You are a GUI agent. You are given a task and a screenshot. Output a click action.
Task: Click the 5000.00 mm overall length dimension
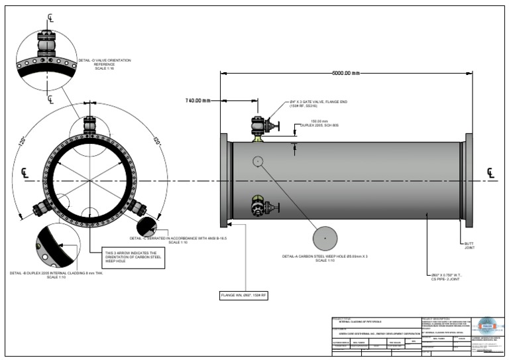[x=346, y=73]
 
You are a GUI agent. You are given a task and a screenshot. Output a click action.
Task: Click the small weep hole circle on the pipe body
[x=258, y=160]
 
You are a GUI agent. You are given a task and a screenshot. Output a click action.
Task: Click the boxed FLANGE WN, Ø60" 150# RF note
[x=244, y=295]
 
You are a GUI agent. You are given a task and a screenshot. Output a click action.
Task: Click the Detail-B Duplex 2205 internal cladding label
[x=57, y=274]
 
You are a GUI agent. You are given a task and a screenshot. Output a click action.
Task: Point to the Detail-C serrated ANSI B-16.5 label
[x=179, y=239]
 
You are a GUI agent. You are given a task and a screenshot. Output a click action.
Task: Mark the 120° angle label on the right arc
[x=158, y=141]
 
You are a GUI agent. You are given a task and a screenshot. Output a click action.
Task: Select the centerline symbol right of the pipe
[x=490, y=174]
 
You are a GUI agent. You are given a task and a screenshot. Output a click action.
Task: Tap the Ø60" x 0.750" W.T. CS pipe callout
[x=449, y=276]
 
